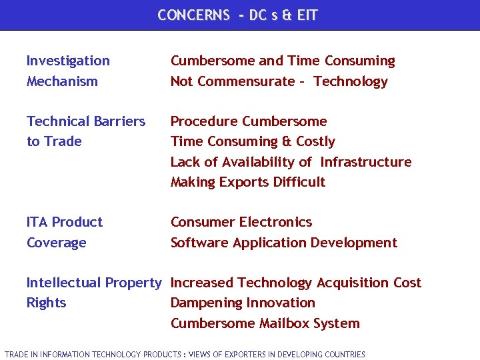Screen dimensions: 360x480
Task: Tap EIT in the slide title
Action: (307, 15)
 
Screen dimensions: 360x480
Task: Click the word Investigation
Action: (68, 61)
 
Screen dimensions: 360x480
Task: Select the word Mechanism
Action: (62, 81)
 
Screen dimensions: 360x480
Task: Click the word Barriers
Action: (115, 121)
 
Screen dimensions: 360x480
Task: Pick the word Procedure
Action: (204, 121)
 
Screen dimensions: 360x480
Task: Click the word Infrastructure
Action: (366, 162)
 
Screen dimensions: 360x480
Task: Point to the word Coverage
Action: (56, 243)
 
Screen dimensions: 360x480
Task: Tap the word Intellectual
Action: (63, 283)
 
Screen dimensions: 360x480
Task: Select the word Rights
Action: (46, 303)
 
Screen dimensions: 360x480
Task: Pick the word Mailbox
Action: (290, 323)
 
